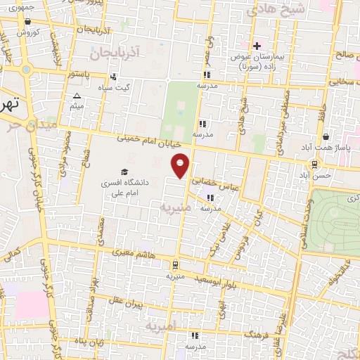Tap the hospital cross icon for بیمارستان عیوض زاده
257,46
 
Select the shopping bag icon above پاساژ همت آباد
325,137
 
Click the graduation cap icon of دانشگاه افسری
124,172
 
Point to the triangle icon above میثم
77,96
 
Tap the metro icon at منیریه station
174,264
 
